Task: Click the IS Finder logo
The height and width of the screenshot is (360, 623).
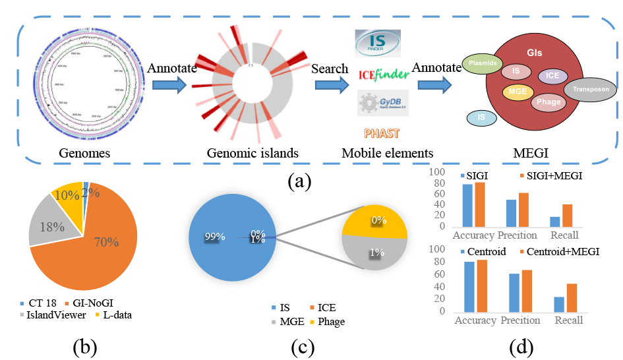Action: [x=377, y=44]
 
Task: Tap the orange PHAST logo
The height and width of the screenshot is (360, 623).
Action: [x=380, y=133]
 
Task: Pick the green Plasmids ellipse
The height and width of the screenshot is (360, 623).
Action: [x=483, y=64]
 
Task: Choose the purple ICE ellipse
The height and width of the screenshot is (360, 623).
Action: [x=552, y=76]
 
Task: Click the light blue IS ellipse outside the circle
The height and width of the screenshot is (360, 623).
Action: [x=483, y=118]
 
